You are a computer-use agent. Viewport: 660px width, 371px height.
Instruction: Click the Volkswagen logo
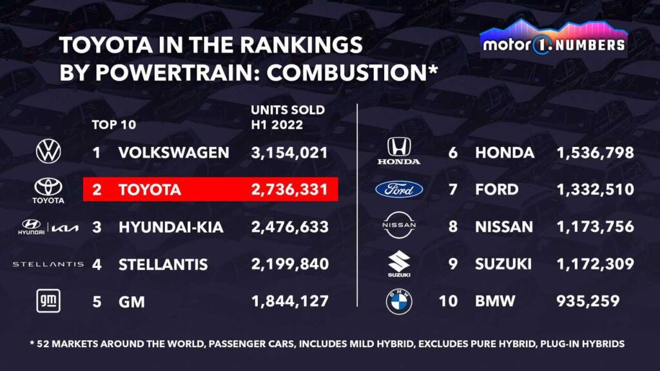(x=49, y=153)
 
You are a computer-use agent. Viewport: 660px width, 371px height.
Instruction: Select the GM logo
(x=48, y=301)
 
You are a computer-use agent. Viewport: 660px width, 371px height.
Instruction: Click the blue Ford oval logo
(x=399, y=189)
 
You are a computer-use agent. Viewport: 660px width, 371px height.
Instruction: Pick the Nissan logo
(x=399, y=225)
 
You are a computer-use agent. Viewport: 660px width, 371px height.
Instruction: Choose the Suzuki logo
(x=399, y=264)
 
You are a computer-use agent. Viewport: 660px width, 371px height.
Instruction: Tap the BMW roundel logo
(x=399, y=301)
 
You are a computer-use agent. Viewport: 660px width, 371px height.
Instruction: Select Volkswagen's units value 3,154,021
(x=289, y=153)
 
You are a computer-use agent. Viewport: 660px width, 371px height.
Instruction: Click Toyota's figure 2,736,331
(x=289, y=190)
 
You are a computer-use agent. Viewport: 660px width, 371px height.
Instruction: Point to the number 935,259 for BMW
(x=587, y=301)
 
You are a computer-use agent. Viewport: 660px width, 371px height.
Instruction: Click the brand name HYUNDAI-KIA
(x=173, y=227)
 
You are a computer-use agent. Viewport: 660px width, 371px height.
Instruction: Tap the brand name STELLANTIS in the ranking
(x=163, y=264)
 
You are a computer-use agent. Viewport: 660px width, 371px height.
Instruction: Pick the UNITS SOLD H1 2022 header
(x=287, y=117)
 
